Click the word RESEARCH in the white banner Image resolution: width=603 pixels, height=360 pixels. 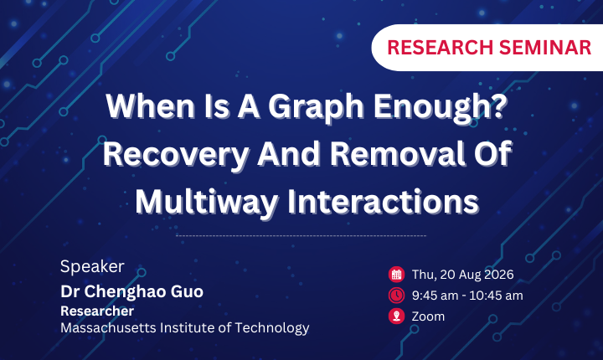(440, 48)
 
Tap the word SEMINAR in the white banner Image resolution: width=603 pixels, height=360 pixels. (545, 48)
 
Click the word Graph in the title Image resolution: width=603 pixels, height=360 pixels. (316, 108)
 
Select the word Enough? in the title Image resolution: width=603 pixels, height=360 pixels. (441, 106)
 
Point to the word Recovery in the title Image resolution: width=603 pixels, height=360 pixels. (176, 154)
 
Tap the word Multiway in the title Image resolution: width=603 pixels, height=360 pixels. (207, 203)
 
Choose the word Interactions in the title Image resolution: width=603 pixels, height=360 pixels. (383, 201)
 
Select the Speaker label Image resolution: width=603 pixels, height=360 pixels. (92, 266)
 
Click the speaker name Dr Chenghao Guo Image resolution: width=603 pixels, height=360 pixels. (132, 291)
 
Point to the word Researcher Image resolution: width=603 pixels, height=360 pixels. (97, 311)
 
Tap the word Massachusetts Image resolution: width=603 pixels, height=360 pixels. (108, 327)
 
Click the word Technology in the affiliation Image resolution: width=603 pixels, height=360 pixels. (272, 328)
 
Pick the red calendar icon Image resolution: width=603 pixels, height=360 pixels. (396, 275)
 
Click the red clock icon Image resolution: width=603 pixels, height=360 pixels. (396, 296)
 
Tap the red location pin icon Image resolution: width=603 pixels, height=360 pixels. (396, 316)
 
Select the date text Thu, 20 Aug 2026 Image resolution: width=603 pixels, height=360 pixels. (462, 275)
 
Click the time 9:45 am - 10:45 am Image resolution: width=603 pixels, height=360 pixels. (467, 296)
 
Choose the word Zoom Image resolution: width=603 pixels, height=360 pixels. (428, 316)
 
